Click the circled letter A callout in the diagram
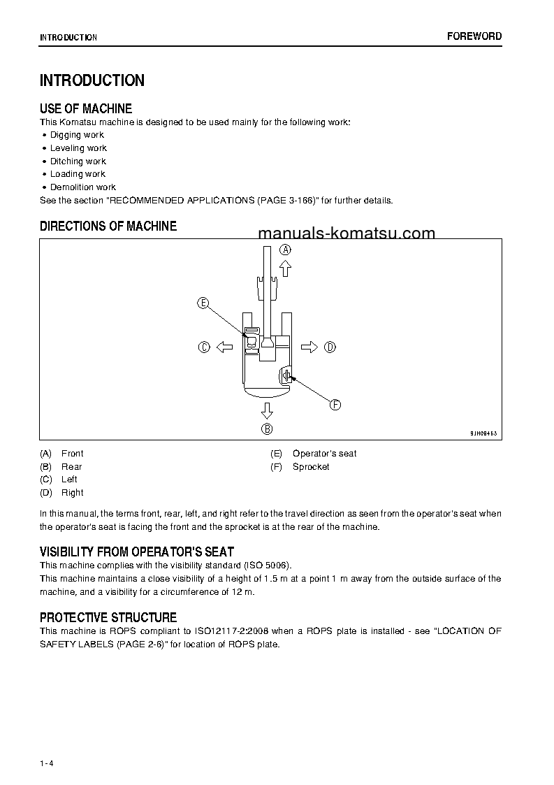coord(285,250)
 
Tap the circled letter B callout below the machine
coord(267,429)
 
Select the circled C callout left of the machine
coord(204,347)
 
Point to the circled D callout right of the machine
coord(330,347)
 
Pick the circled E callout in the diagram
coord(203,303)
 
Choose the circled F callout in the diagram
coord(335,404)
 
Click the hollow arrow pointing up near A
coord(285,268)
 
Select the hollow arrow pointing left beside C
coord(224,347)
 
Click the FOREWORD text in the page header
coord(474,36)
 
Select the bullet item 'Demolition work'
coord(82,187)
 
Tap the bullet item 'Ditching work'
coord(78,161)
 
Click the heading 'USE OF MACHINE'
coord(86,108)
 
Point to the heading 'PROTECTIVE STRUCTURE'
coord(108,617)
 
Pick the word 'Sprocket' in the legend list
coord(311,466)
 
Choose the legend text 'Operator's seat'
coord(324,453)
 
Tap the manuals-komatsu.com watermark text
coord(347,233)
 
